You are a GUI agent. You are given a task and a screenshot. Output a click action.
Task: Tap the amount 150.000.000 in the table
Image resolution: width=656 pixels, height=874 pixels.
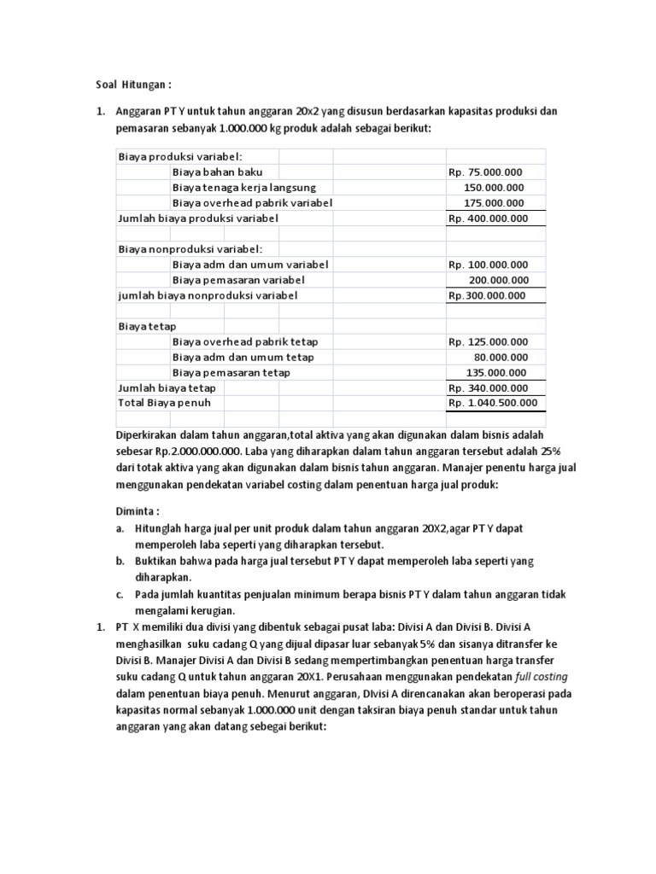point(495,188)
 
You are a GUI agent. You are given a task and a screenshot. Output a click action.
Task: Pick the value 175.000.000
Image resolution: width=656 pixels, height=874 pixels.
point(495,203)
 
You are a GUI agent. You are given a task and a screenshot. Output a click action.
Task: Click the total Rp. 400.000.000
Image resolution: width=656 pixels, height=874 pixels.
point(489,218)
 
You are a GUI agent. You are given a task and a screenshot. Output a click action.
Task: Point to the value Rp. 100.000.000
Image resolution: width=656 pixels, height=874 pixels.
point(489,265)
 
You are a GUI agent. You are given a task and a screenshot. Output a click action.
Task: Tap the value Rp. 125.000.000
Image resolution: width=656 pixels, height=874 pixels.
point(489,342)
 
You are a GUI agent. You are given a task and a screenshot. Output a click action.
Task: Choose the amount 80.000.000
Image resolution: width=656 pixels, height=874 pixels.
point(501,358)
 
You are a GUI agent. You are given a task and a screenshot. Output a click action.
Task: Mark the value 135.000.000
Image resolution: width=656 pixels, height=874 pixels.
point(496,373)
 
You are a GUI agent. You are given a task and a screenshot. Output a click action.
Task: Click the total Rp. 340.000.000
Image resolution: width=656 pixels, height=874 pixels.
point(489,388)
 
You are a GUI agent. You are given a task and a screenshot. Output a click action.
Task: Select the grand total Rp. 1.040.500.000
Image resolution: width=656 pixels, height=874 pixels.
point(493,403)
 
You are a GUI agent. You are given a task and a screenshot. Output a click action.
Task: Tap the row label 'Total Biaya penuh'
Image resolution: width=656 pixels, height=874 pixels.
point(164,403)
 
